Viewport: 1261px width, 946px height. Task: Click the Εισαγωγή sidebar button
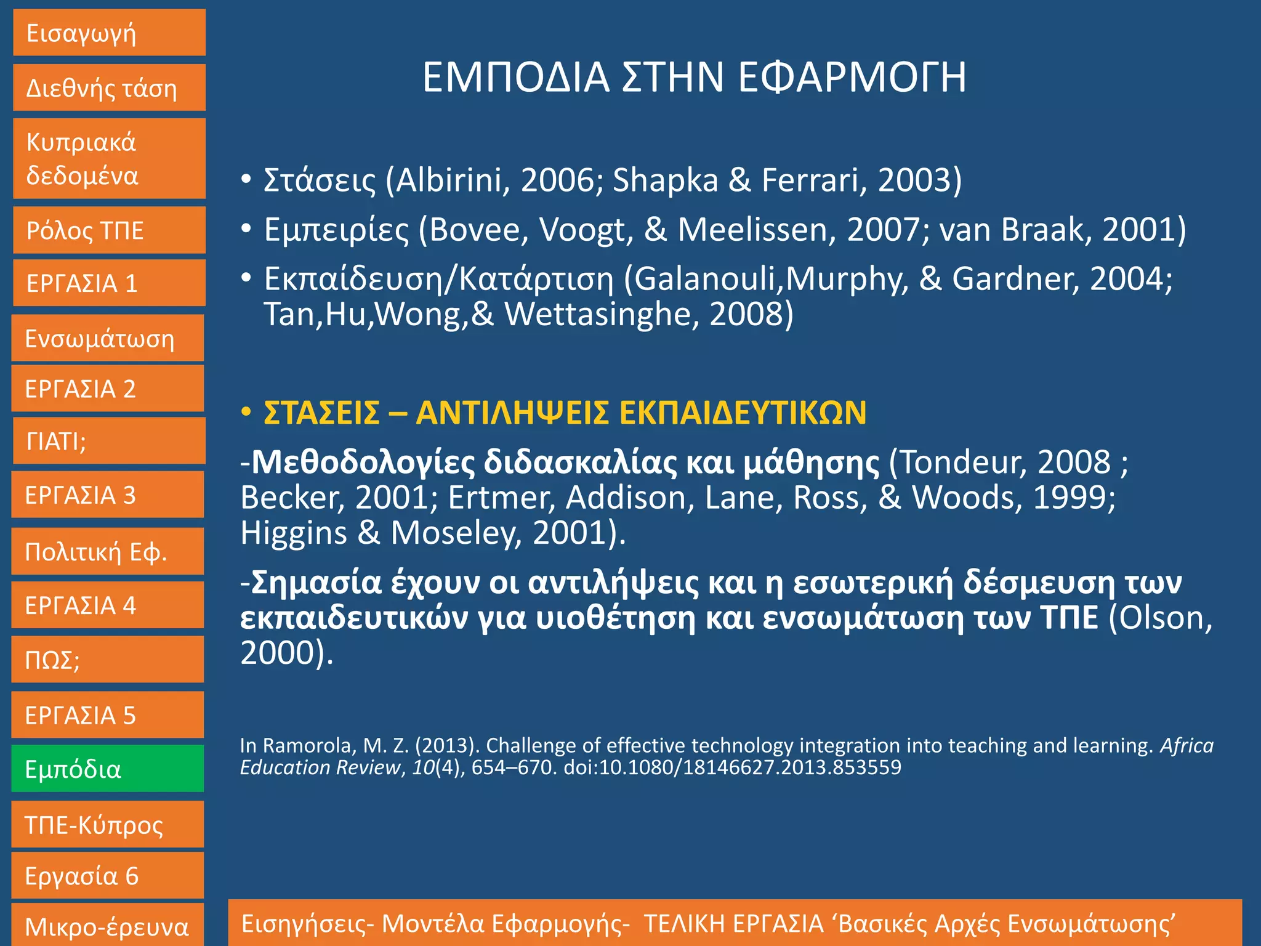tap(109, 33)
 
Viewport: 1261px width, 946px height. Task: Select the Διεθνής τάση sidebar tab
tap(109, 88)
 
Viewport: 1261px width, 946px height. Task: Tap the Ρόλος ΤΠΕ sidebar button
tap(109, 230)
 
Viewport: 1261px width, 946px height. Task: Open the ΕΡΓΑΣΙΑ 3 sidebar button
tap(108, 495)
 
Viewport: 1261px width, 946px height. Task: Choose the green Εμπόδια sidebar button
tap(108, 769)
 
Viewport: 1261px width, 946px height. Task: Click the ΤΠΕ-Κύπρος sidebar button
tap(108, 825)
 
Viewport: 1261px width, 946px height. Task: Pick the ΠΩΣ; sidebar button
tap(108, 660)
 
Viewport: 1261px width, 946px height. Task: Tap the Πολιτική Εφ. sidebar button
tap(108, 551)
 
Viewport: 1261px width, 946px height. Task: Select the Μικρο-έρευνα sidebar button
tap(108, 926)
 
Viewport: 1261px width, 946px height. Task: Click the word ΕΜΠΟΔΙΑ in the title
tap(515, 78)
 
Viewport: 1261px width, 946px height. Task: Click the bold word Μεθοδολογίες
tap(363, 462)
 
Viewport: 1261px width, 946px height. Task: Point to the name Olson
tap(1160, 618)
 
